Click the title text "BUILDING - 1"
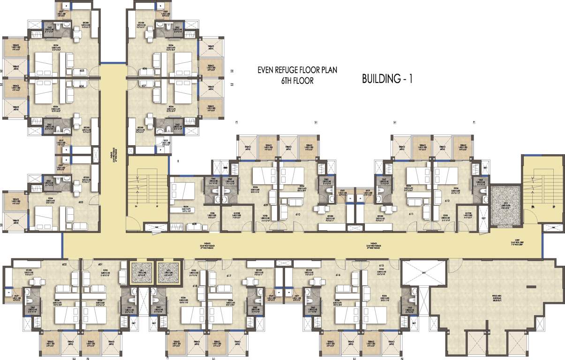387,79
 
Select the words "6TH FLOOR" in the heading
297,81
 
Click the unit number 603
81,202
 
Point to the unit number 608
194,224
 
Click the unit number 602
64,264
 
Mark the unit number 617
229,276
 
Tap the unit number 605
82,71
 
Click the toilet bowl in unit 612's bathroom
479,191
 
